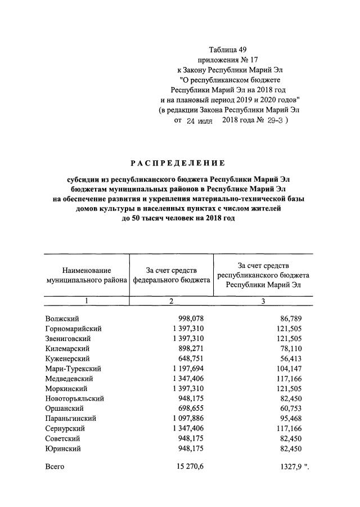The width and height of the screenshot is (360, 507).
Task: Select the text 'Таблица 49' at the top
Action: (x=228, y=49)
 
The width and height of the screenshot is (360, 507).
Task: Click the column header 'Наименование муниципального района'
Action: (x=87, y=275)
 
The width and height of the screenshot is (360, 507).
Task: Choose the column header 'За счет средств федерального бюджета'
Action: (x=171, y=275)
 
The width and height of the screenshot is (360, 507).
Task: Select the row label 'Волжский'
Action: (x=62, y=318)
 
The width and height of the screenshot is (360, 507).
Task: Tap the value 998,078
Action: (x=190, y=318)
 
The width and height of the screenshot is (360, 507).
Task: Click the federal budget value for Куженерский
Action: (x=190, y=359)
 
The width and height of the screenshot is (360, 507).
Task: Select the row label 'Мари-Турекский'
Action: (x=73, y=369)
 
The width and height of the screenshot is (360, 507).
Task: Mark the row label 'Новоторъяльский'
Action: (x=74, y=398)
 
